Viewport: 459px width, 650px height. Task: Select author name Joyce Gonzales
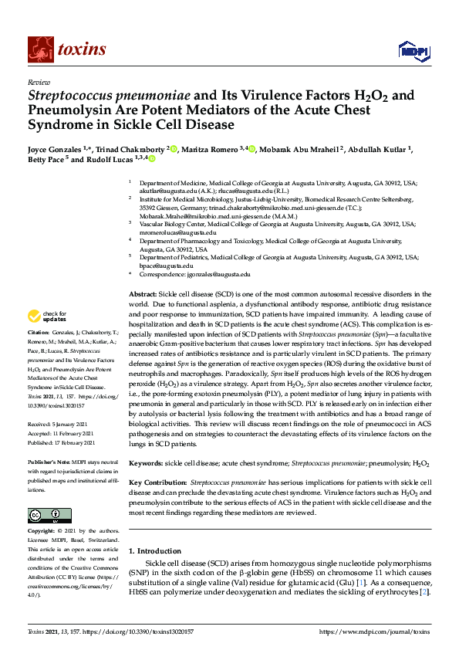55,149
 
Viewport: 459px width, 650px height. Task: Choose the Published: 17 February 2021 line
62,443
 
